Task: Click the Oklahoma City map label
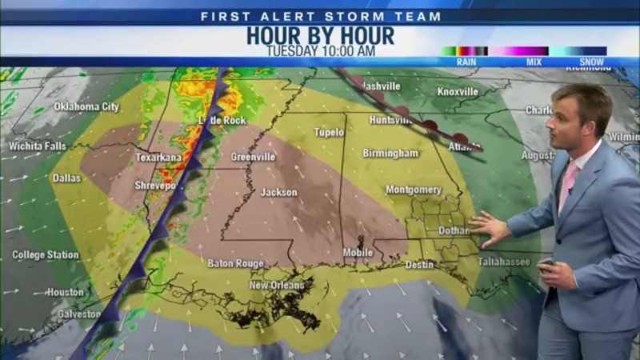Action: click(x=86, y=106)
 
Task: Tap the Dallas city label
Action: click(x=66, y=178)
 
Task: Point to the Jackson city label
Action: click(x=278, y=193)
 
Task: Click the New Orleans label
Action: click(x=277, y=286)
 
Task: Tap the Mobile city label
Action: click(x=358, y=253)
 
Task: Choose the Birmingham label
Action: click(x=390, y=153)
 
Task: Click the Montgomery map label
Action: click(x=414, y=190)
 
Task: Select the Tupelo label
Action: click(x=329, y=132)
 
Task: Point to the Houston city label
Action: click(x=65, y=293)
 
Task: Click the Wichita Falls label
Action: click(x=38, y=146)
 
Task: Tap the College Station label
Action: click(x=45, y=255)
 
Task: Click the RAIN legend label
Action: click(x=466, y=62)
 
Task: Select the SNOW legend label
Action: click(x=592, y=62)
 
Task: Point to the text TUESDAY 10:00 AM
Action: click(x=320, y=51)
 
